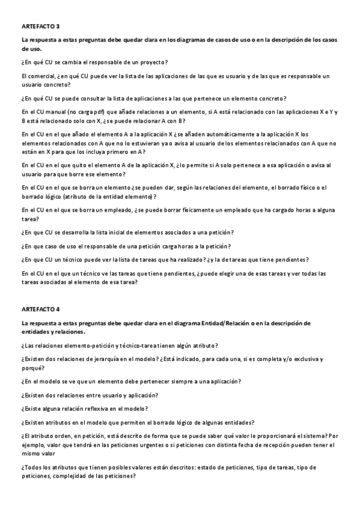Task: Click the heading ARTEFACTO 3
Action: [40, 27]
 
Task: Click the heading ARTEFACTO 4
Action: [40, 309]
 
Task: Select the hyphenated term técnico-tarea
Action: [127, 345]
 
